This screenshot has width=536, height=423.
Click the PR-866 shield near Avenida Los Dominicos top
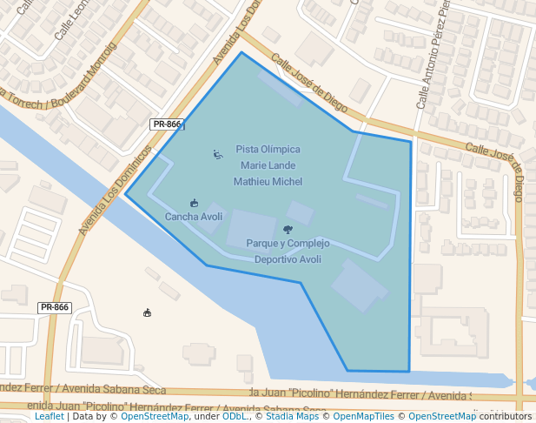167,124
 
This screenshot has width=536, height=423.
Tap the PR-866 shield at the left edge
55,307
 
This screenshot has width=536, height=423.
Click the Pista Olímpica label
268,150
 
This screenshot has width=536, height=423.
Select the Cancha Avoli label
194,217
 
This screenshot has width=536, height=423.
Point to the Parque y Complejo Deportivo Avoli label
288,251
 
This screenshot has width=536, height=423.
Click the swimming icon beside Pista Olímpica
218,155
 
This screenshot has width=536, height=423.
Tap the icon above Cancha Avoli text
194,203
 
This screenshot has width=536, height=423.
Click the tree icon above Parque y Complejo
288,230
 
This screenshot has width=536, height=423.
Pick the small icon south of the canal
148,312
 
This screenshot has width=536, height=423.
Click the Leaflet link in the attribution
49,416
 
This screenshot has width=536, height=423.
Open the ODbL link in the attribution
234,416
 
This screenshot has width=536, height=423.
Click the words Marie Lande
268,165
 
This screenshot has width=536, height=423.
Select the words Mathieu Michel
268,182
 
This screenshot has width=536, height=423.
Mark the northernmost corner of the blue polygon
242,52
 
